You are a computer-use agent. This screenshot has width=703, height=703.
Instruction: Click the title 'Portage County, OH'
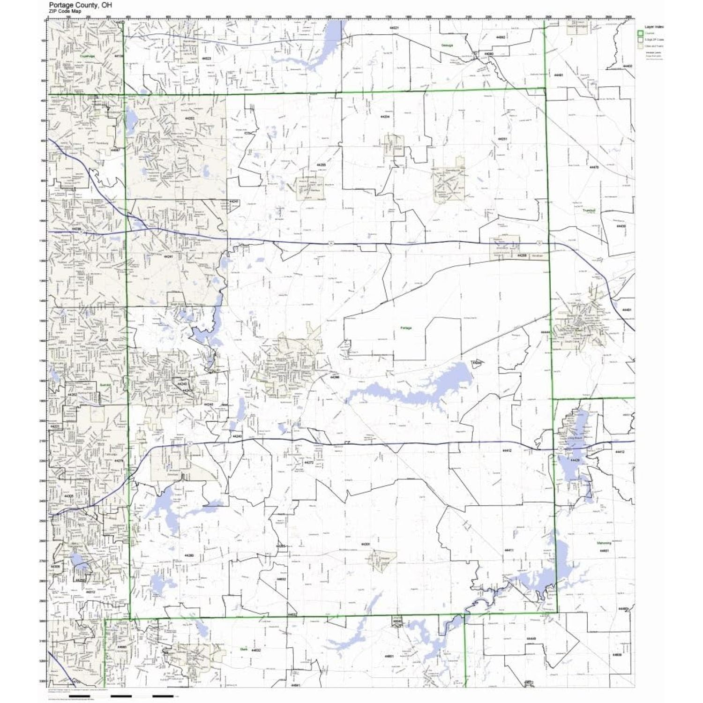click(x=80, y=5)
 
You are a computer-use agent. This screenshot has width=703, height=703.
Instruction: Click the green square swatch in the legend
click(x=640, y=33)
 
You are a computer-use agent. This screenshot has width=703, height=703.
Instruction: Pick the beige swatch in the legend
click(x=640, y=46)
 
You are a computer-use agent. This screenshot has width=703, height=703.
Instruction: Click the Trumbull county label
click(x=589, y=210)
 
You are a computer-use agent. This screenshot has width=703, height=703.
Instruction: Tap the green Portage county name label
click(x=406, y=328)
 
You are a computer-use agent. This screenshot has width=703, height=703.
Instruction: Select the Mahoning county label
click(x=604, y=543)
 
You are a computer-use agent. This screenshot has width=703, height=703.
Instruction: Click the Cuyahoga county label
click(x=87, y=55)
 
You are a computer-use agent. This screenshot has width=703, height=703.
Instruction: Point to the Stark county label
click(x=243, y=650)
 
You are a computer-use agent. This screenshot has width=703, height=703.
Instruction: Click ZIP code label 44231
click(x=502, y=139)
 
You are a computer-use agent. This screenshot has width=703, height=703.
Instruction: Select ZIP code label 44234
click(x=385, y=116)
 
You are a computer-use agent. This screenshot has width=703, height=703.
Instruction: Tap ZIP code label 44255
click(x=321, y=165)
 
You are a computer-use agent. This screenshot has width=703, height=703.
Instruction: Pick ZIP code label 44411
click(x=509, y=550)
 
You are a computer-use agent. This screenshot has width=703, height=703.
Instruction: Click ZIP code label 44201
click(x=366, y=544)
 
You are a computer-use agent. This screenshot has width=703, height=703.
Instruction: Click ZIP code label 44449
click(x=531, y=638)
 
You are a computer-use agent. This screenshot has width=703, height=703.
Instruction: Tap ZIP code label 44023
click(x=206, y=59)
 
